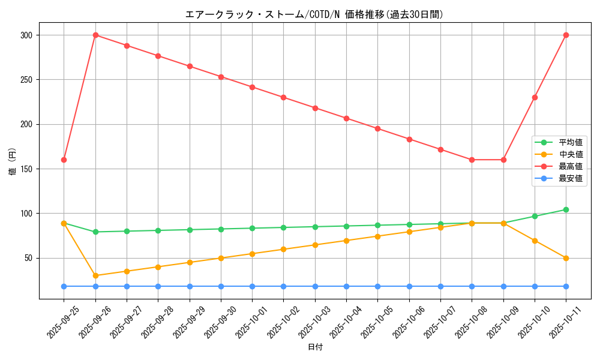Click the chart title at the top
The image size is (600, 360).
click(314, 14)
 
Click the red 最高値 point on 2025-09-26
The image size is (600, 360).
click(95, 35)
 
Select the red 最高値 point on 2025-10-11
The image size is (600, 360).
click(566, 35)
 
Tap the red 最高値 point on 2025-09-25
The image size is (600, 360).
click(64, 160)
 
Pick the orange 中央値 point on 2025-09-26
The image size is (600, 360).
click(95, 275)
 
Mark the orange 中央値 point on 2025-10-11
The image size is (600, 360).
click(566, 258)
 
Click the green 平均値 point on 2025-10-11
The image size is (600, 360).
click(566, 209)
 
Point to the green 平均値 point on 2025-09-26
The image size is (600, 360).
click(95, 232)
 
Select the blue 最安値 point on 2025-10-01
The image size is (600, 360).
click(252, 286)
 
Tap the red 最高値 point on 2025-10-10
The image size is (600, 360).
click(535, 97)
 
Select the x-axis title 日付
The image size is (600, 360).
click(315, 347)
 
